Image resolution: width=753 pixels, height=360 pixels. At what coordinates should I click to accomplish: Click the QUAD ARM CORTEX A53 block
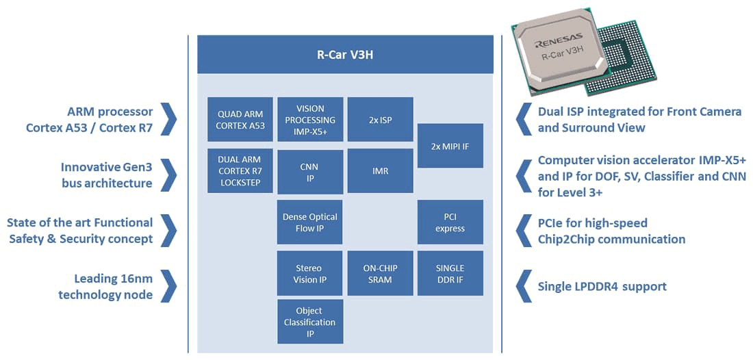click(x=240, y=120)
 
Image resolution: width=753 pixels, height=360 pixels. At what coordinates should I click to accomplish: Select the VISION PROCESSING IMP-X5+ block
click(x=310, y=120)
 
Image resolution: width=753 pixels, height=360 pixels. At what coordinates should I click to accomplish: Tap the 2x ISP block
click(x=380, y=120)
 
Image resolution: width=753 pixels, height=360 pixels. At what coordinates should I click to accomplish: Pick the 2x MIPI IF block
click(x=450, y=146)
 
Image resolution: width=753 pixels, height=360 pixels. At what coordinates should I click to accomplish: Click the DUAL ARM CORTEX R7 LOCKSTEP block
click(x=240, y=171)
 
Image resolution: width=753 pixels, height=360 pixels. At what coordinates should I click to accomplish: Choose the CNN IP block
click(x=310, y=172)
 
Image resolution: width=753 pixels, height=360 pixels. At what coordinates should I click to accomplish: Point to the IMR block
click(x=380, y=171)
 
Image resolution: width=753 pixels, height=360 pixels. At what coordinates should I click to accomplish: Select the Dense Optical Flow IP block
click(x=310, y=222)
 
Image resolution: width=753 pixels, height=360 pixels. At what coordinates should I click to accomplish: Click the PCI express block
click(x=450, y=222)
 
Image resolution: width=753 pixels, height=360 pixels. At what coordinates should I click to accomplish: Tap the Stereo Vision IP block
click(x=310, y=274)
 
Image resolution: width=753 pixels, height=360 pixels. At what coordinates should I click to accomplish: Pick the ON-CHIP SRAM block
click(x=380, y=274)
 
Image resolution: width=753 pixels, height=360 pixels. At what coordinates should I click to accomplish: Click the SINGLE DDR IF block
click(x=450, y=274)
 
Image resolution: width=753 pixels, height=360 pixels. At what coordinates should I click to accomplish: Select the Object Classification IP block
click(x=310, y=322)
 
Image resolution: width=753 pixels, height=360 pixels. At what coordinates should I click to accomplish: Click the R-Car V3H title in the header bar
click(x=345, y=54)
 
